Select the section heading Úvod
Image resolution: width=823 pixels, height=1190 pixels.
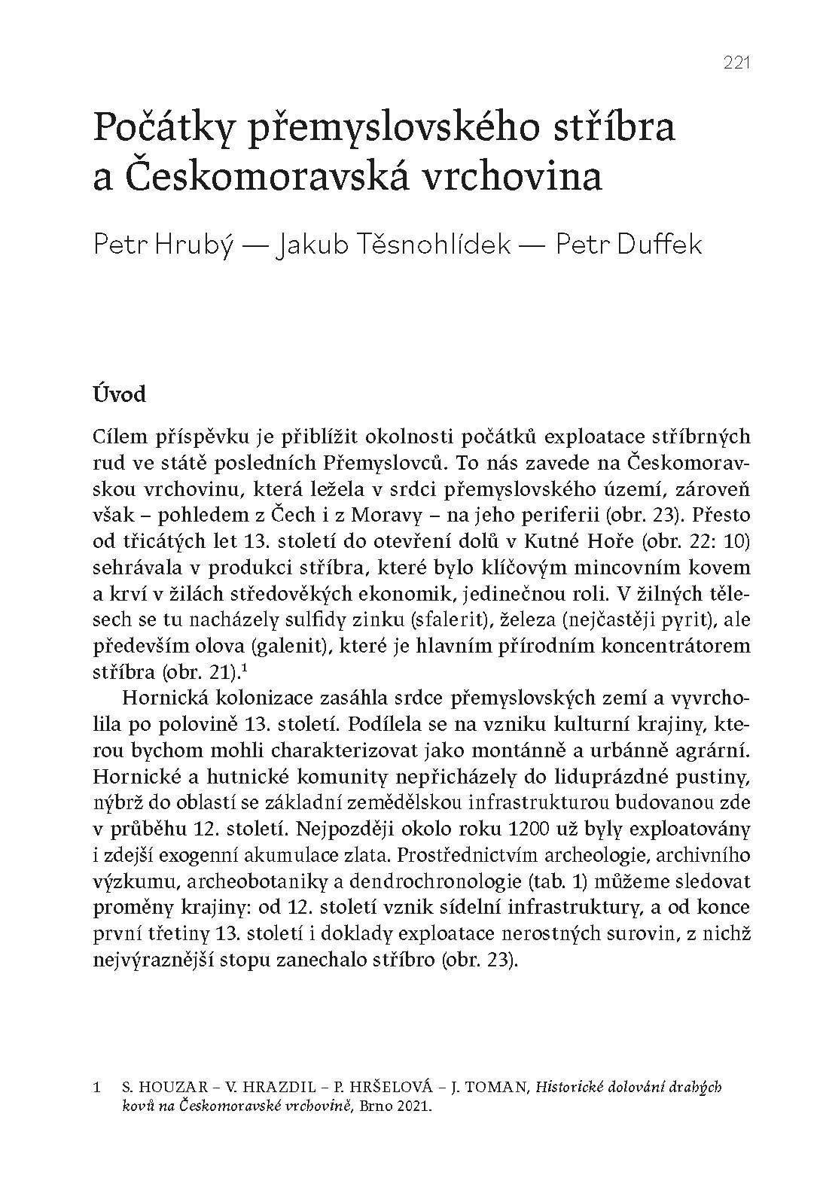coord(119,395)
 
